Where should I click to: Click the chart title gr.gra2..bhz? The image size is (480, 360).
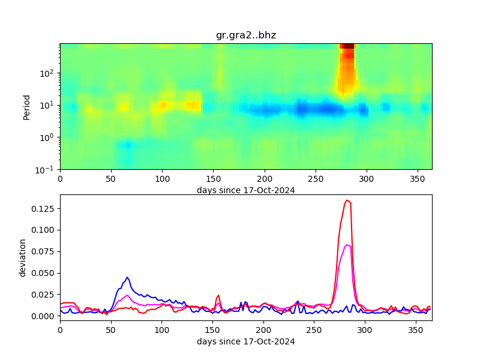pos(246,35)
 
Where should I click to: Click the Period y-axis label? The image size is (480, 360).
pos(26,106)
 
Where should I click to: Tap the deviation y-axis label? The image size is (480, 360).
pos(23,257)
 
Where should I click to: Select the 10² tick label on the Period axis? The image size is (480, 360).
pos(48,73)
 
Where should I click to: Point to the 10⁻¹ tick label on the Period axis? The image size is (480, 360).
pos(48,170)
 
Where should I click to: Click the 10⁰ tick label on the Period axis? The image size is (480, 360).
pos(48,137)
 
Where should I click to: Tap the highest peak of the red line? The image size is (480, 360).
pos(347,200)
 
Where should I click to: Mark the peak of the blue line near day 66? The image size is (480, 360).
pos(127,277)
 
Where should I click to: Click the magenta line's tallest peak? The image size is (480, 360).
pos(347,245)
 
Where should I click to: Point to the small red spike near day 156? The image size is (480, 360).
pos(218,295)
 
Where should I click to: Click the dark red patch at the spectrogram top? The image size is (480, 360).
pos(347,47)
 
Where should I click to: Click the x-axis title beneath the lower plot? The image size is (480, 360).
pos(246,341)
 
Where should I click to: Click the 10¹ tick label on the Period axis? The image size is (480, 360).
pos(48,105)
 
